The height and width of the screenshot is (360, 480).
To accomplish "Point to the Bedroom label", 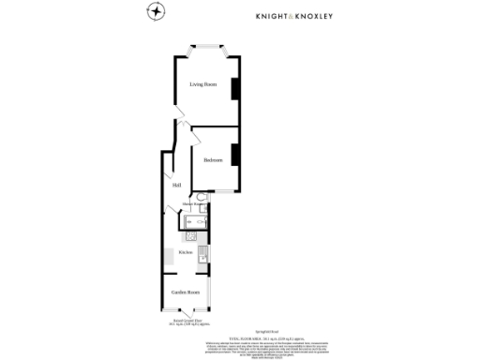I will (213, 160).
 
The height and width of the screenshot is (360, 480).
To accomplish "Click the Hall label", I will (175, 185).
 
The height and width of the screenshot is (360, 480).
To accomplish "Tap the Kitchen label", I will (186, 252).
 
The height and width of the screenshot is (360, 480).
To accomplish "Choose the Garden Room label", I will (185, 292).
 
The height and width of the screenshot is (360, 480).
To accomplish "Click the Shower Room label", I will (193, 203).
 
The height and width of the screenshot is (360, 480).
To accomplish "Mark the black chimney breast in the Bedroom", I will (235, 155).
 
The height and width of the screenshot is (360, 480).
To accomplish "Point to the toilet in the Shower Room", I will (213, 198).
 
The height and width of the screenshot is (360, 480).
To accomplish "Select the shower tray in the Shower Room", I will (195, 222).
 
